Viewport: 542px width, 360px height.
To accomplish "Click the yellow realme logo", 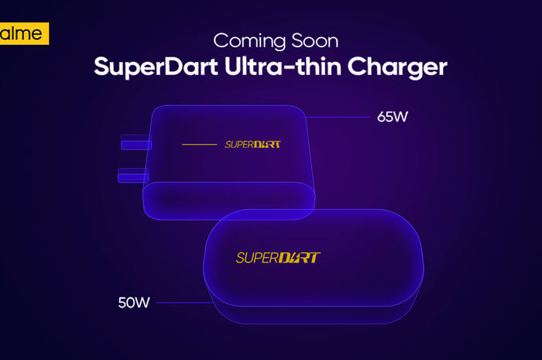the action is [x=24, y=33].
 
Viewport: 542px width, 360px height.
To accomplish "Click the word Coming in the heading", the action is [x=249, y=42].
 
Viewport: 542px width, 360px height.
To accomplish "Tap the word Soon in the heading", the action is [x=315, y=41].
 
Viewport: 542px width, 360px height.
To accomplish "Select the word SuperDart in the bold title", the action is [x=156, y=67].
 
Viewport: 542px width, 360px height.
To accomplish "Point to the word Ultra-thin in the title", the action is [x=283, y=66].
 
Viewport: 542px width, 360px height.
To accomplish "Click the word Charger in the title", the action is [x=397, y=67].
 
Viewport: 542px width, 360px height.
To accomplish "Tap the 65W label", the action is [x=393, y=117].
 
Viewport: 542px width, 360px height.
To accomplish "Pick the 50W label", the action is [x=134, y=303].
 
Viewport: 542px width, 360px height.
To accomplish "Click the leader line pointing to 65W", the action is [x=338, y=117].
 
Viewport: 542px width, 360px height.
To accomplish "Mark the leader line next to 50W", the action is [x=184, y=303].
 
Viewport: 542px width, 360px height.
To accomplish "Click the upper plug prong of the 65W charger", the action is [x=136, y=142].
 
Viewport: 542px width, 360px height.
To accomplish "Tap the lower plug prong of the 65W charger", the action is [x=133, y=176].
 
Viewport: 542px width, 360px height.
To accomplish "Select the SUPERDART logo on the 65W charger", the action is [x=252, y=144].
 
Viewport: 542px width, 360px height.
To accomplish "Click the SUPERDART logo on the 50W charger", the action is [x=278, y=258].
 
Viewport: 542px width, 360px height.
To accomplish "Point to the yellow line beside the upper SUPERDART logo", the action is [x=200, y=145].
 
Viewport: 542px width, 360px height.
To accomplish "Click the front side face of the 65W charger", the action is [x=229, y=201].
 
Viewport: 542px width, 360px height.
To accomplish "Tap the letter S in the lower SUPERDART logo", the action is [x=241, y=258].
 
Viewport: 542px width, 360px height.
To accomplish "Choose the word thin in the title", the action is [x=319, y=66].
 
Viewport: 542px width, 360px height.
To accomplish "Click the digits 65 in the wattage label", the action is [x=385, y=117].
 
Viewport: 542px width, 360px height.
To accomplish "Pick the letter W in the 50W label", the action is [x=142, y=303].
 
